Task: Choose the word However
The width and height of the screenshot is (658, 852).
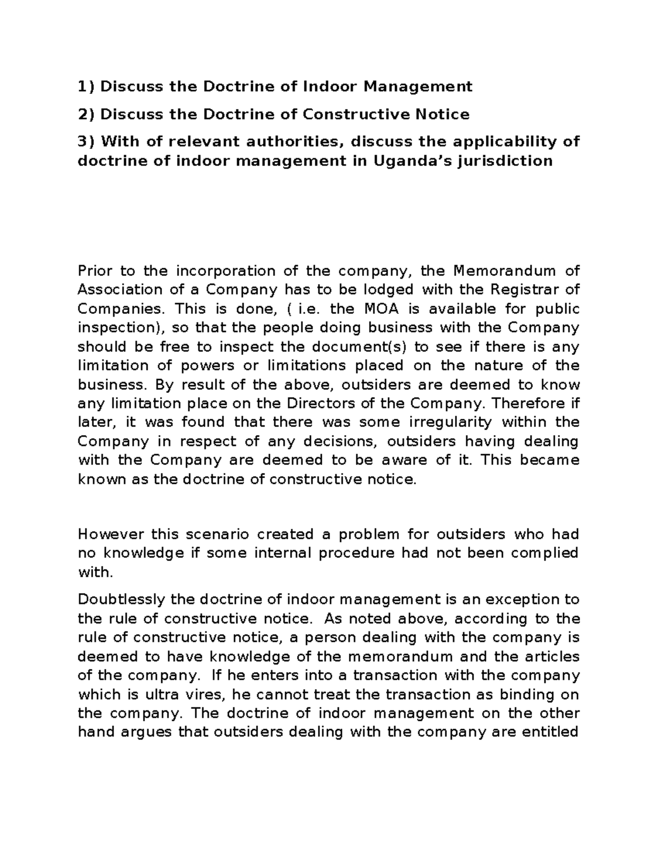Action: pos(111,534)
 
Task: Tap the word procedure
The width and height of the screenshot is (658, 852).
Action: pos(356,552)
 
